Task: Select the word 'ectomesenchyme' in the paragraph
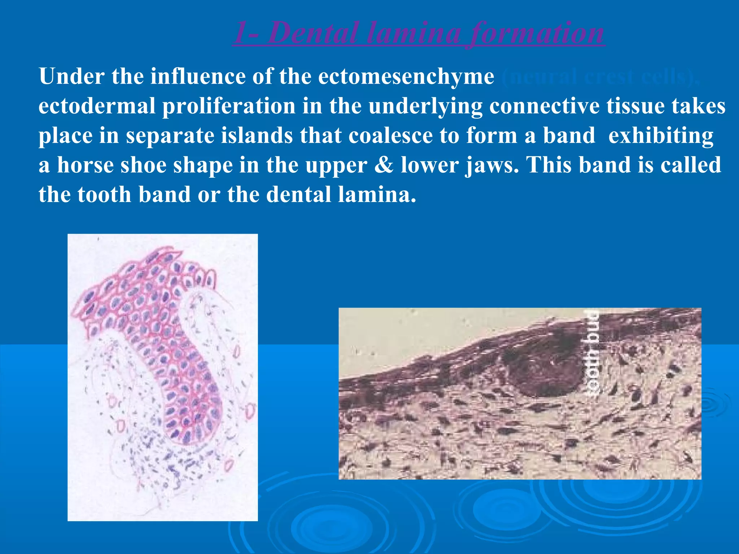(406, 76)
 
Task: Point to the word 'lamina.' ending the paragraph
(377, 195)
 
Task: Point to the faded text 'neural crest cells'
(599, 76)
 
